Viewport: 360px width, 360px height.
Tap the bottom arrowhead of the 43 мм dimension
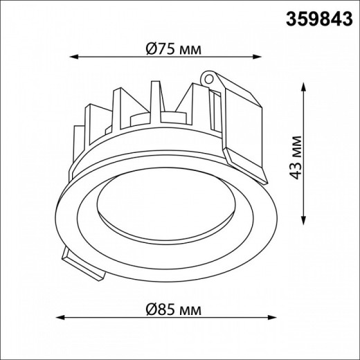(x=305, y=220)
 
